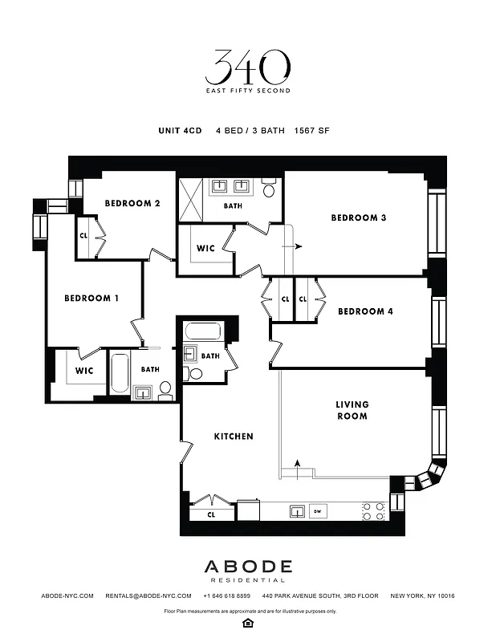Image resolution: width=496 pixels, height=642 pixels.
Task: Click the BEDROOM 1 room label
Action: click(x=91, y=298)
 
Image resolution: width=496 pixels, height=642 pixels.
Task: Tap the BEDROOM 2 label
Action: click(x=132, y=203)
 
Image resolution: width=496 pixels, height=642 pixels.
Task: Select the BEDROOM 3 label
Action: click(x=359, y=217)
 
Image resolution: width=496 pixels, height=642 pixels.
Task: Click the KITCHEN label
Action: click(x=234, y=437)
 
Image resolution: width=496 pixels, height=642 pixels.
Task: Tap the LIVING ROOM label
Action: click(x=352, y=410)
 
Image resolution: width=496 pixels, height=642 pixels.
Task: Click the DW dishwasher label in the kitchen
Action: click(x=317, y=510)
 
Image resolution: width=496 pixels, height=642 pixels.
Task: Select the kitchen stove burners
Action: click(x=372, y=511)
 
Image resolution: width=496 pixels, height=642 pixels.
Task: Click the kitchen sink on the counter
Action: click(x=297, y=510)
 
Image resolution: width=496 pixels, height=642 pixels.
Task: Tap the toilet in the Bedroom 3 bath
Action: click(x=269, y=189)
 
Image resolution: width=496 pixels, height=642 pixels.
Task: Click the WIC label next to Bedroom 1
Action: click(x=84, y=371)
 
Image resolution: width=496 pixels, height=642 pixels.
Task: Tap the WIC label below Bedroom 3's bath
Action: click(x=205, y=248)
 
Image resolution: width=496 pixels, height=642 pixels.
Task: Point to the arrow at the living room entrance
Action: click(x=298, y=468)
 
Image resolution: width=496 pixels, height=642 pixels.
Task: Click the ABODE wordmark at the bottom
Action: click(x=247, y=567)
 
